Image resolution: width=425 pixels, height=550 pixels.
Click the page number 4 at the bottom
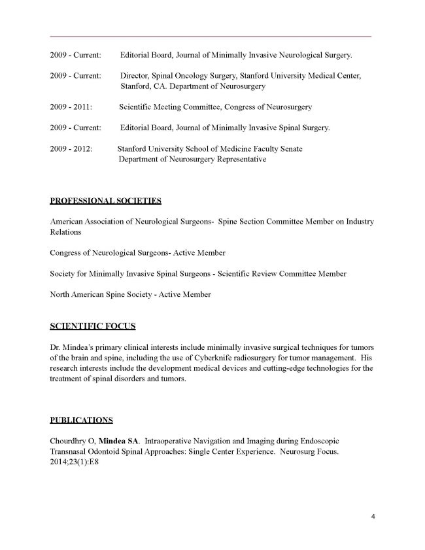(x=371, y=517)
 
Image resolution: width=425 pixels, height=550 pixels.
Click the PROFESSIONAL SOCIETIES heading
(x=105, y=199)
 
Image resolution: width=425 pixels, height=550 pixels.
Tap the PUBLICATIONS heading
(x=81, y=419)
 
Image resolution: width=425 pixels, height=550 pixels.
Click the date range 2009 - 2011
(x=71, y=107)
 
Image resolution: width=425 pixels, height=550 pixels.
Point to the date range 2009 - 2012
(x=71, y=149)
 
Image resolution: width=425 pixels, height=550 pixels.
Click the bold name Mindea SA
(x=116, y=441)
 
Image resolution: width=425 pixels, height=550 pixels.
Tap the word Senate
(x=288, y=149)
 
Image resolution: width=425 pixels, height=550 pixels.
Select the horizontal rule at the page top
(x=211, y=36)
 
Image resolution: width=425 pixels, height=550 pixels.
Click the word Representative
(x=238, y=160)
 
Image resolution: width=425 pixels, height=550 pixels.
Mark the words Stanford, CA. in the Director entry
(x=140, y=86)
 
